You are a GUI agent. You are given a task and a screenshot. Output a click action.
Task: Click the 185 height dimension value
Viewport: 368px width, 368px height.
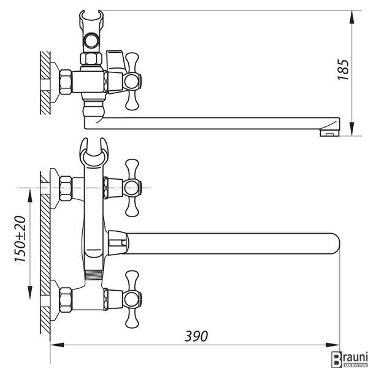(x=343, y=69)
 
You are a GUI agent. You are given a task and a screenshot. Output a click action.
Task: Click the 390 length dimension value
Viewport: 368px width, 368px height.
(x=196, y=336)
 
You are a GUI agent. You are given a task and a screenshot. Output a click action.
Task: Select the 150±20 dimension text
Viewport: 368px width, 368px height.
(x=20, y=239)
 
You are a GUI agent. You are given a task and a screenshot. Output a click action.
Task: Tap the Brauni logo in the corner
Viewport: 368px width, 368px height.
(x=349, y=359)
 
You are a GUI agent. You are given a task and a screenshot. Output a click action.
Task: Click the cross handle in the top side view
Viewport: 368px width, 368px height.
(x=132, y=81)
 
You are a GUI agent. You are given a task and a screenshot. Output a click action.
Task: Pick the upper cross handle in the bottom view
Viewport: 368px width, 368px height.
(x=132, y=188)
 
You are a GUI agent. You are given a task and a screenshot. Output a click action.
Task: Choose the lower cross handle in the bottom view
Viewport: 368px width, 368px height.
(x=132, y=299)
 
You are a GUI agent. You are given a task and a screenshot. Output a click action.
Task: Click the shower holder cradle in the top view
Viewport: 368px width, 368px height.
(x=91, y=31)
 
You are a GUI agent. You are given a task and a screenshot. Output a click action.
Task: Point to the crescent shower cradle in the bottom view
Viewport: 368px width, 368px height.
(x=94, y=152)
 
